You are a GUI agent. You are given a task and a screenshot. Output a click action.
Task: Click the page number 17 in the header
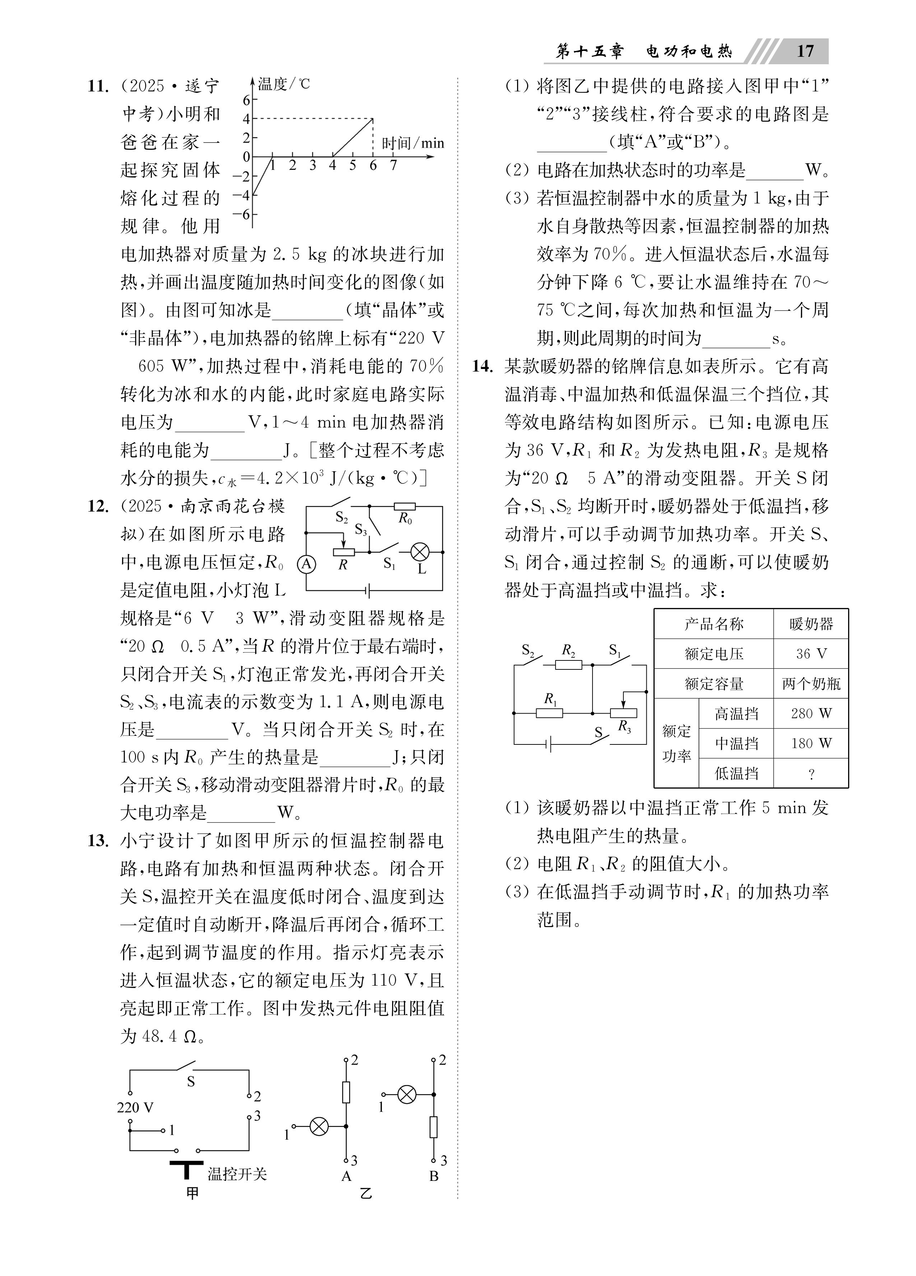[x=805, y=51]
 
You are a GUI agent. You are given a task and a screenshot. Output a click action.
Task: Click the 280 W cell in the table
[x=811, y=714]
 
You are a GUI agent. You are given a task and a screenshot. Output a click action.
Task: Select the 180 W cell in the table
[x=811, y=743]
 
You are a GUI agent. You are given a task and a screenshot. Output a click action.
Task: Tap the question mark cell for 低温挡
[x=811, y=773]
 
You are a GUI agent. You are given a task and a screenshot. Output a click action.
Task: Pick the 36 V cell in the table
[x=811, y=654]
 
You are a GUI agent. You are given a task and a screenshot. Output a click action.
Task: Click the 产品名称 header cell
[x=713, y=623]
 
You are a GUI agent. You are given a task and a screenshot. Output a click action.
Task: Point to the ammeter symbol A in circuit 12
[x=306, y=564]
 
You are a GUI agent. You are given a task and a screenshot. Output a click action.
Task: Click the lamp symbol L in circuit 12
[x=419, y=552]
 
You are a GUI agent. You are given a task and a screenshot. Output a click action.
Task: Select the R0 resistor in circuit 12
[x=404, y=506]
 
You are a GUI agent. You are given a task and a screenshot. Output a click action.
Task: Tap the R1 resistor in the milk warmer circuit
[x=549, y=713]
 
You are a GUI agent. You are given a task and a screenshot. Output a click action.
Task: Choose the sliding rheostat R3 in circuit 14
[x=623, y=713]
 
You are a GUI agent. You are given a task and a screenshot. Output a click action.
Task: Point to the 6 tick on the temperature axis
[x=246, y=100]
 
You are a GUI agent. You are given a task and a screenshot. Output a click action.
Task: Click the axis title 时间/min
[x=413, y=144]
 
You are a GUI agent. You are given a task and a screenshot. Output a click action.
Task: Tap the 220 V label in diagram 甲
[x=135, y=1107]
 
